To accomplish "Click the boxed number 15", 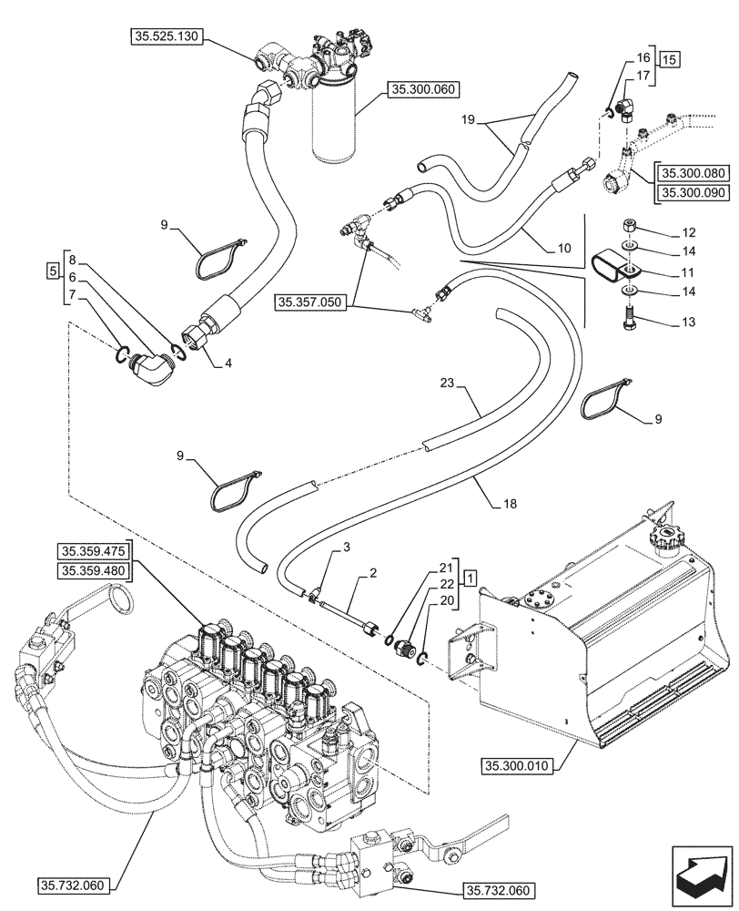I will coord(670,60).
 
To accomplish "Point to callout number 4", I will coord(228,363).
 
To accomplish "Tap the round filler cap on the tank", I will coord(663,541).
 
